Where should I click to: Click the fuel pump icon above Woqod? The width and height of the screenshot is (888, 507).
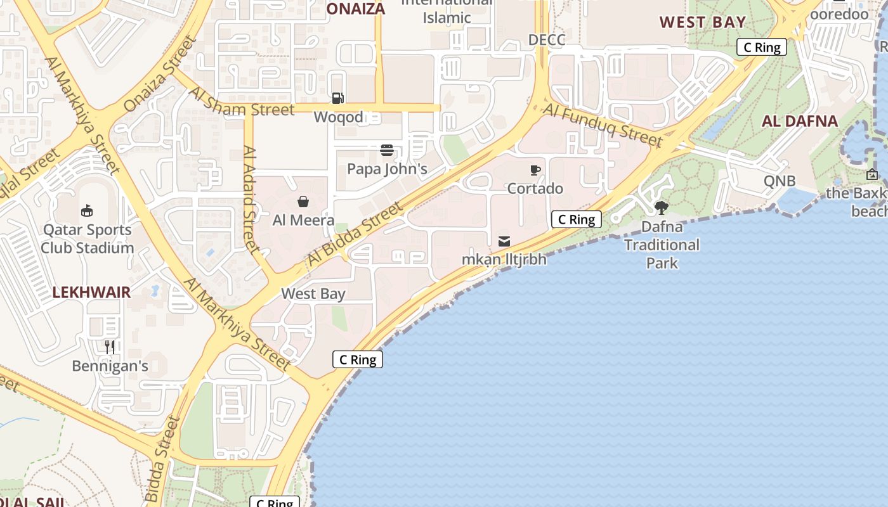(x=338, y=98)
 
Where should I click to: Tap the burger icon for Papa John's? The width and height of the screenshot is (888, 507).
(x=387, y=150)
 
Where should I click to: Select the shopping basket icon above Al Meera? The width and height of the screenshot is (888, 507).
(x=303, y=202)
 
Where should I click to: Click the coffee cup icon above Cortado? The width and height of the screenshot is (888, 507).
(x=535, y=170)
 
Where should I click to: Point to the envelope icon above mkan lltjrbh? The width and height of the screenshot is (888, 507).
(x=504, y=241)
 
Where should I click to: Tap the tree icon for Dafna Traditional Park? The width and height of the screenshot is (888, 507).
(x=662, y=207)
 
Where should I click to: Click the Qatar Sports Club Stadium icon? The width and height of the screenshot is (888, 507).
(x=87, y=210)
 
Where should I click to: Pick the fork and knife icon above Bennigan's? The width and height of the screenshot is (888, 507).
(x=110, y=347)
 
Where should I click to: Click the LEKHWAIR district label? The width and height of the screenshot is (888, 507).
(x=91, y=293)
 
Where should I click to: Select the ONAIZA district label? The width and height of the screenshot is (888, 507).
(x=356, y=9)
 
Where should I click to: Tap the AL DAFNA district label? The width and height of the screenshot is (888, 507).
(x=800, y=121)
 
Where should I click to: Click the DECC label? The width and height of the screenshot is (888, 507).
(x=546, y=40)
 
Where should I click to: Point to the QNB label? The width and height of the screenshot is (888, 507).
(x=780, y=181)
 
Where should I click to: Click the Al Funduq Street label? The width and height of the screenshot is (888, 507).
(x=603, y=127)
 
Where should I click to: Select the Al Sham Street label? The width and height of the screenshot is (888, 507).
(x=242, y=101)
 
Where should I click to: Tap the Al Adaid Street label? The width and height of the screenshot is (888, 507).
(x=251, y=200)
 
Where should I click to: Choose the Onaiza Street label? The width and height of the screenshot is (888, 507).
(x=161, y=74)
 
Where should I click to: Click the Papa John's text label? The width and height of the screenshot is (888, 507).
(x=387, y=169)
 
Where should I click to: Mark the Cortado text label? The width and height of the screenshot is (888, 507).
(x=535, y=188)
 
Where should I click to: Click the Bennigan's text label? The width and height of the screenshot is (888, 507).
(x=110, y=366)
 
